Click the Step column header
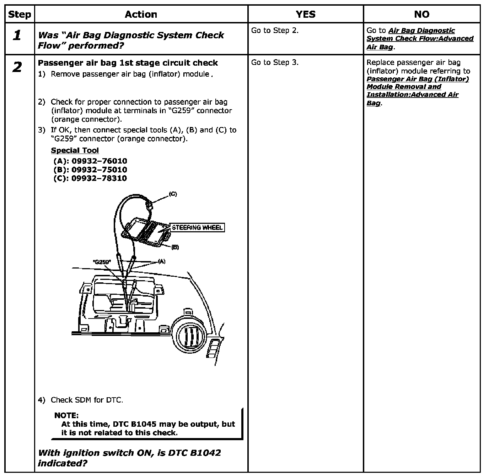20,15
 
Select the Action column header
141,15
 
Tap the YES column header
305,15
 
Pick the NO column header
421,15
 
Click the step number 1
17,35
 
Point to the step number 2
17,67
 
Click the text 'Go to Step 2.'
275,31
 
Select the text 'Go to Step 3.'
275,62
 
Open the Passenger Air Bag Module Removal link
417,87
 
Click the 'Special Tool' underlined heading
75,150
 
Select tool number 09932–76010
99,161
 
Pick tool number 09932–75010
99,170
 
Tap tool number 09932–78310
99,178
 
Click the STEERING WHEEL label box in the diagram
197,227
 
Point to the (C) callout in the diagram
173,194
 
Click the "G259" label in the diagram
102,262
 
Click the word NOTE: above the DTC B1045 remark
66,415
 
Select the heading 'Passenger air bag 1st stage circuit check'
128,63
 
